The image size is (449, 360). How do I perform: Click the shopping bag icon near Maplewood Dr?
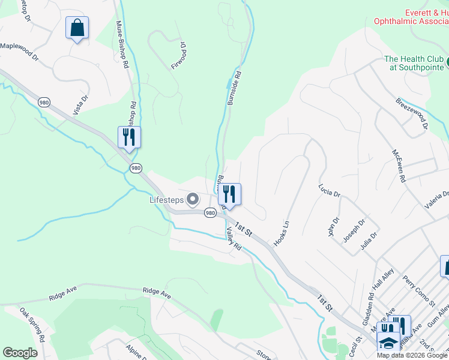click(x=77, y=28)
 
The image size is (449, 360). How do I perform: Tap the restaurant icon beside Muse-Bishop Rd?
click(x=129, y=137)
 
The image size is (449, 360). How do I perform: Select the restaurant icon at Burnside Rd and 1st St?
click(x=229, y=194)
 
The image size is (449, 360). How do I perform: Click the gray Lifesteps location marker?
click(x=193, y=198)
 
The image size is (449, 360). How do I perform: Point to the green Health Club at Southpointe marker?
click(x=447, y=60)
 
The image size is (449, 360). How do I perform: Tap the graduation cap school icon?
click(x=388, y=343)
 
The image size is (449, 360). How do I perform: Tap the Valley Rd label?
click(x=234, y=239)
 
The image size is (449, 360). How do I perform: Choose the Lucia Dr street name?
click(x=330, y=190)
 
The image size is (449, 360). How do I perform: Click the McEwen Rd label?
click(x=399, y=166)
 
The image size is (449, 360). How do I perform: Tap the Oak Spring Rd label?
click(x=32, y=325)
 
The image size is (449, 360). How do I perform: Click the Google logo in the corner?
click(x=20, y=353)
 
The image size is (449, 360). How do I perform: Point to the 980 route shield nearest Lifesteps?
click(x=209, y=213)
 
